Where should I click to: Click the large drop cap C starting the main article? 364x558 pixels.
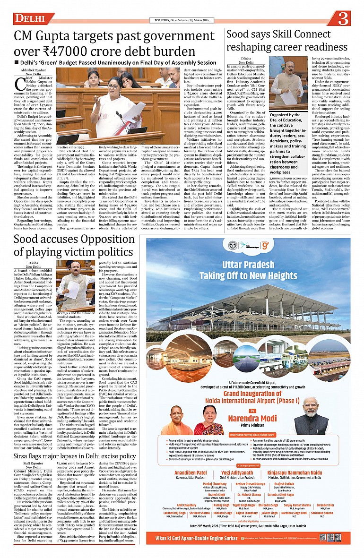20,84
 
